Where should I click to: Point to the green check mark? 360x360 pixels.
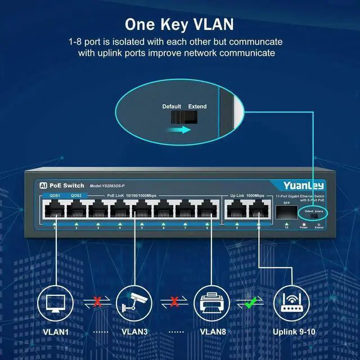(251, 302)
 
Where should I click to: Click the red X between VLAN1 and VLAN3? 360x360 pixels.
(97, 302)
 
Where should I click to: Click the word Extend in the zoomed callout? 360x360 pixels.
(197, 106)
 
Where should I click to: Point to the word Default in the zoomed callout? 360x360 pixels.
(172, 106)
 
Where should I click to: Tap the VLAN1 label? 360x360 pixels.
(56, 332)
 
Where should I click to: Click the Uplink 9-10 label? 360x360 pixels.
(293, 332)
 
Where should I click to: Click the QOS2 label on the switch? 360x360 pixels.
(76, 195)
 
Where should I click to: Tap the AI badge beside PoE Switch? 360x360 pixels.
(43, 185)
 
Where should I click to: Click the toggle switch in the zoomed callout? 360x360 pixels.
(184, 116)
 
